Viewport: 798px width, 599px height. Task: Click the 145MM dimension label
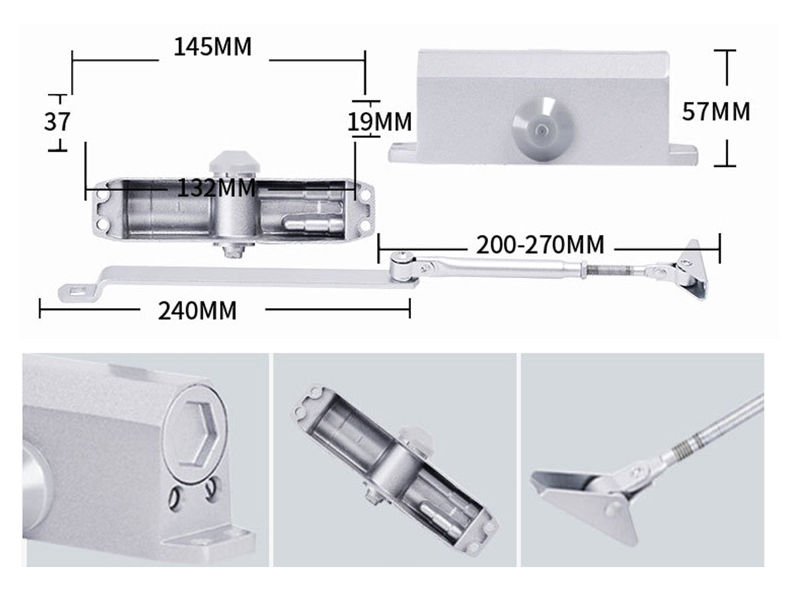click(213, 47)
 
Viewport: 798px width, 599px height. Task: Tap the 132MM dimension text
click(216, 188)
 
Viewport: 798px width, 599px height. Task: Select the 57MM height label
click(716, 111)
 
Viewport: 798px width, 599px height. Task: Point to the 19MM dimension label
click(380, 122)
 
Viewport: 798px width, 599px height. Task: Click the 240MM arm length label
click(198, 310)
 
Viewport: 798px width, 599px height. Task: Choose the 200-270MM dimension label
click(540, 245)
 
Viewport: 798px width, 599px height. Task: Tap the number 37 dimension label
click(57, 122)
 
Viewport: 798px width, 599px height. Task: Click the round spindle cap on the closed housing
click(541, 130)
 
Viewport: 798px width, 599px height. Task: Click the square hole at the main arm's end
click(78, 291)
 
